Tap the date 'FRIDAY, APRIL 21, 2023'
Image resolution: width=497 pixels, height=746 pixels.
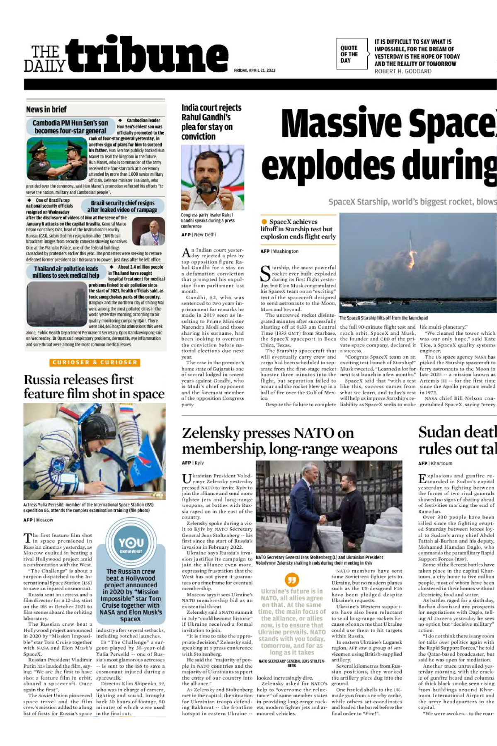tap(255, 70)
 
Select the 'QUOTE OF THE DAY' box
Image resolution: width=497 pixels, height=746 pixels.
tap(349, 54)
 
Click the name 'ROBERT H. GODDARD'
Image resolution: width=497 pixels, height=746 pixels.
tap(403, 71)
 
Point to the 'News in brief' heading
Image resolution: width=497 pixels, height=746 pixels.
tap(46, 109)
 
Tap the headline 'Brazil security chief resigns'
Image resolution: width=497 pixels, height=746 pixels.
tap(123, 203)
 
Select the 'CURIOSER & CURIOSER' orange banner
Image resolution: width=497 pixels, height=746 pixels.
tap(95, 362)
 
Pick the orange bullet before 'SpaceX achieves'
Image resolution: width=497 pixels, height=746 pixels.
tap(264, 222)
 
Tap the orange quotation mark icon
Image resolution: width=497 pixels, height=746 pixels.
tap(292, 579)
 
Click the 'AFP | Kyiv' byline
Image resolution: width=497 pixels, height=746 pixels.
tap(193, 463)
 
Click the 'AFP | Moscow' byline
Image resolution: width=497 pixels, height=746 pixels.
tap(39, 520)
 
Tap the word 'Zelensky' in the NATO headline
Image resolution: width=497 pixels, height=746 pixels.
tap(211, 433)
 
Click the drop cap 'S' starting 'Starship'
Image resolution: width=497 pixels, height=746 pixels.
tap(265, 274)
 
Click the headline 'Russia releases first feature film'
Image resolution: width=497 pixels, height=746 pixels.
tap(94, 386)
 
